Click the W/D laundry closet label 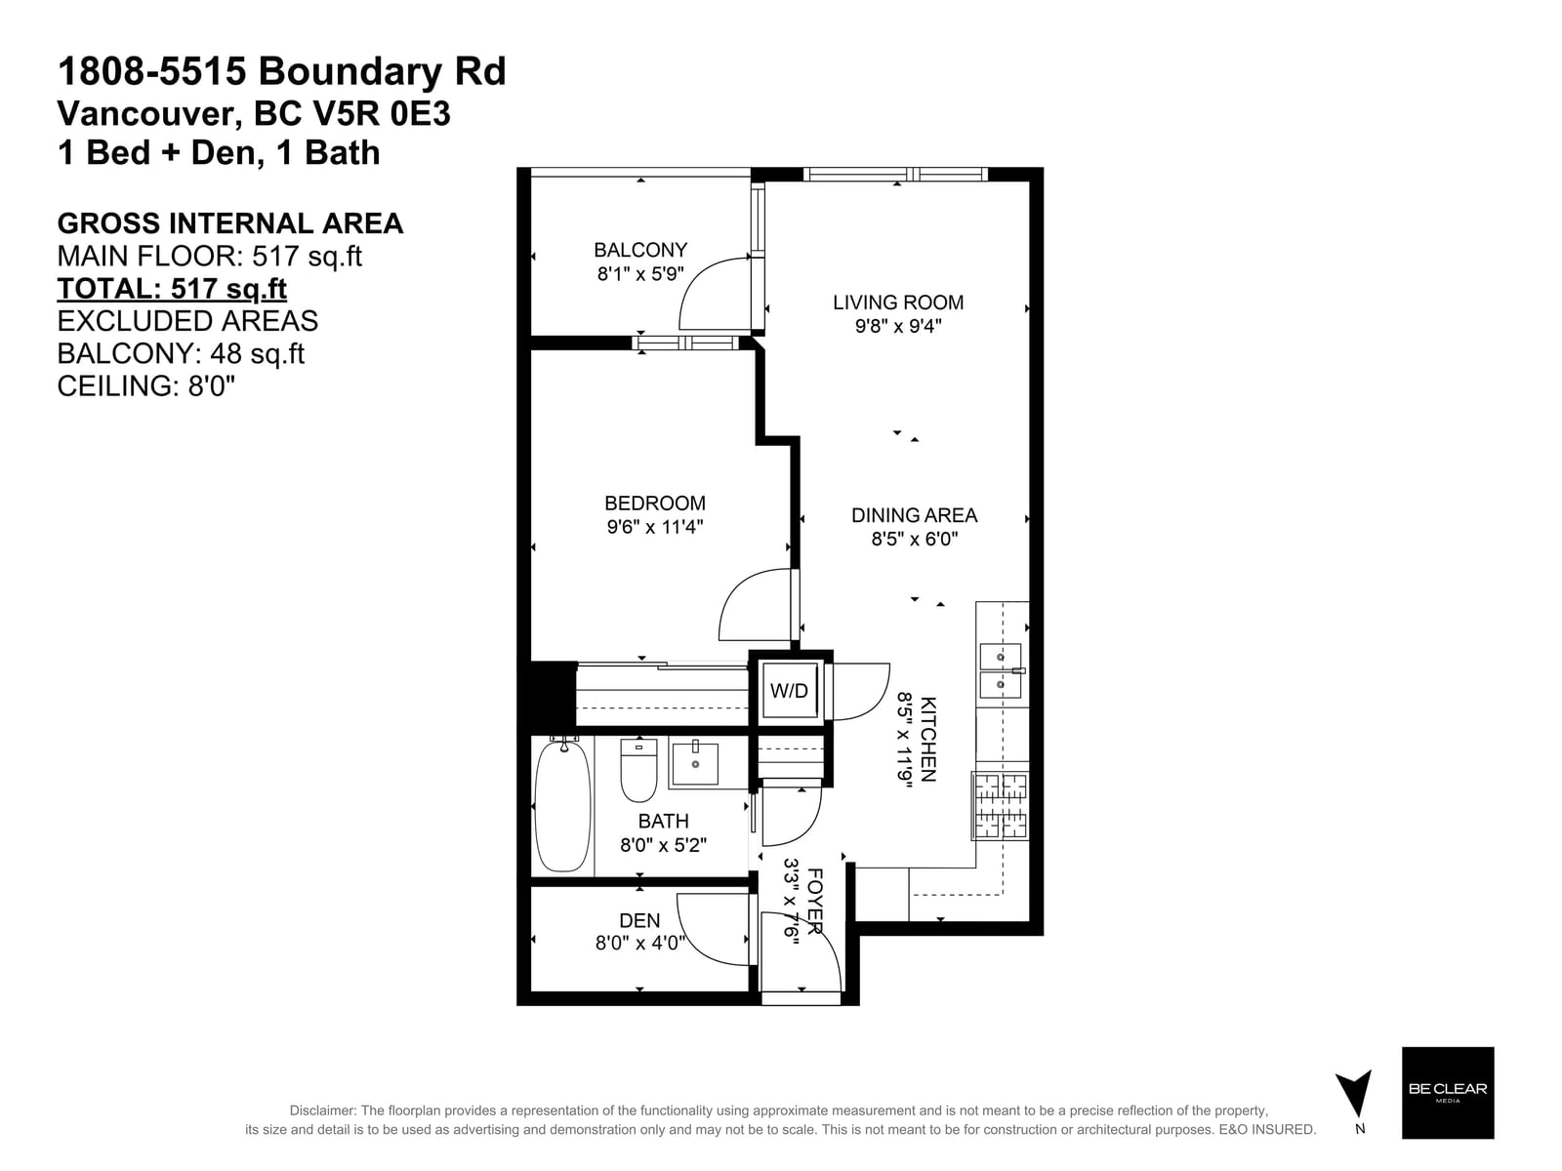tap(789, 690)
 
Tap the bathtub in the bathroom tap(562, 806)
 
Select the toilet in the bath tap(638, 769)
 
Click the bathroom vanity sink tap(694, 763)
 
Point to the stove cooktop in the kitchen tap(1000, 806)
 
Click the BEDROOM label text tap(655, 504)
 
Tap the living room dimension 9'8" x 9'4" tap(898, 326)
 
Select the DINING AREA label tap(914, 515)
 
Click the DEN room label tap(639, 921)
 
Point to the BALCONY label tap(640, 250)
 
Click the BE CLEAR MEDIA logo tap(1448, 1093)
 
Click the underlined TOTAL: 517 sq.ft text tap(172, 289)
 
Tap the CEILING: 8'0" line tap(145, 386)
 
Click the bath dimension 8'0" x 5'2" tap(663, 845)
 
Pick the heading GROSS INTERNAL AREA tap(229, 223)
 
